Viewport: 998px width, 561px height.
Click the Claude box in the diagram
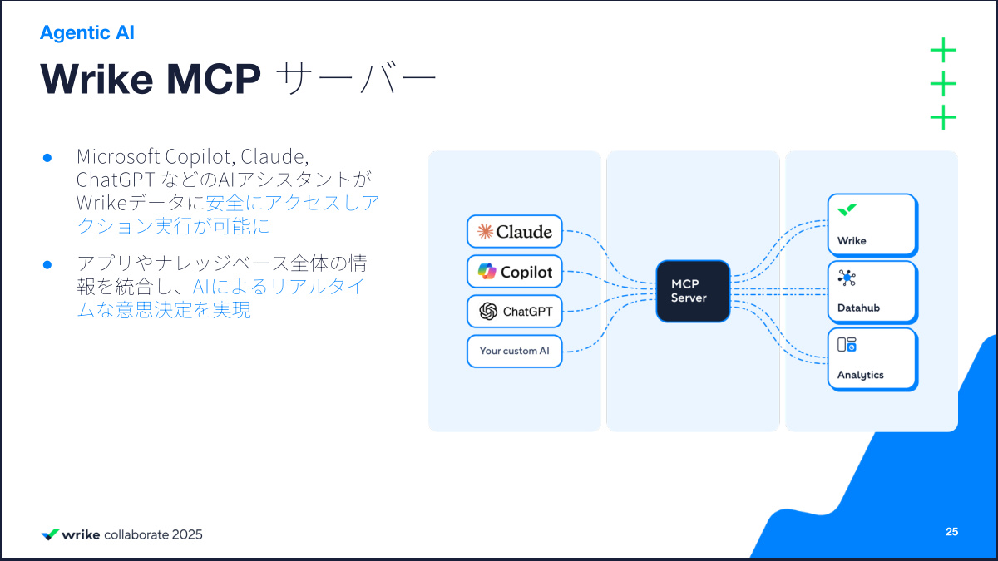point(515,232)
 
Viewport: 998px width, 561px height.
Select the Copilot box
point(515,272)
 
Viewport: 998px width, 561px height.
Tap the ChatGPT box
point(515,312)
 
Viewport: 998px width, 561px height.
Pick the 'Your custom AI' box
point(515,351)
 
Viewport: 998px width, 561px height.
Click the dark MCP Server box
point(693,291)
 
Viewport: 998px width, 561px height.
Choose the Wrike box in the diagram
point(872,225)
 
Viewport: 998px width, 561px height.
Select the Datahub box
point(872,292)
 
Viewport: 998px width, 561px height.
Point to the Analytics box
point(872,359)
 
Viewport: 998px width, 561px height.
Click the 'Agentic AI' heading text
point(87,33)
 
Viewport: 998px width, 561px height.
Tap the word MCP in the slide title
point(214,80)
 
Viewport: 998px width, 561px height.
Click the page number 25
point(951,532)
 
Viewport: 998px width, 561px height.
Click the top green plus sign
point(943,51)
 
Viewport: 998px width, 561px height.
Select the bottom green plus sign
point(943,117)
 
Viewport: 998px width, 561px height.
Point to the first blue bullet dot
point(47,157)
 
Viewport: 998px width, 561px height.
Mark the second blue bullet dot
point(47,264)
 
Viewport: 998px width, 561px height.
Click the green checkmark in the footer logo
point(50,534)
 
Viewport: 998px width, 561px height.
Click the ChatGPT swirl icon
point(488,312)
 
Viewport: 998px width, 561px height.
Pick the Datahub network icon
point(847,278)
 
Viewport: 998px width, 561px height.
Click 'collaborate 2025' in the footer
point(153,534)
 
